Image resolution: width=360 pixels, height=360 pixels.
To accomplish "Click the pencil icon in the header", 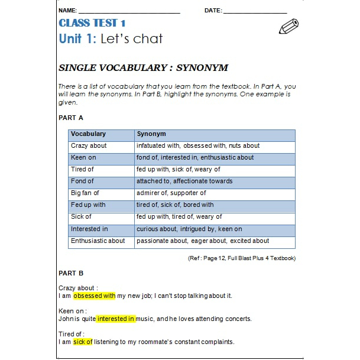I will (x=288, y=27).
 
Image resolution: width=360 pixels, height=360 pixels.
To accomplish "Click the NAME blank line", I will (x=129, y=12).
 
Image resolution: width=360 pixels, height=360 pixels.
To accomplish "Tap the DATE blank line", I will (x=255, y=12).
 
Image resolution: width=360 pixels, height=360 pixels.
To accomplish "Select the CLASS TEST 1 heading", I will (x=92, y=23).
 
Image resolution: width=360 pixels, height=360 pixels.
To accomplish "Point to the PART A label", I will (x=71, y=118).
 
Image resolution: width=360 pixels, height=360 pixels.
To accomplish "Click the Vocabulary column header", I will (x=88, y=134).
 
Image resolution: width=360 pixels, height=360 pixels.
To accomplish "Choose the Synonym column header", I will (x=151, y=134).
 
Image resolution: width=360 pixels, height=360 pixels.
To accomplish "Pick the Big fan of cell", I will (x=85, y=193).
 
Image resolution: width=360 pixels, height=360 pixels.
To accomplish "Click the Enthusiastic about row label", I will (x=98, y=241).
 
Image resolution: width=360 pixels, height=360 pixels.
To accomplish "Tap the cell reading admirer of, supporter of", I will (x=171, y=193).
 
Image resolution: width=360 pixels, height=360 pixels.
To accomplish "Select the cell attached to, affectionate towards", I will (x=184, y=181).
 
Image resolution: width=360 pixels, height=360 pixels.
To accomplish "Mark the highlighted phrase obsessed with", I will (x=95, y=296).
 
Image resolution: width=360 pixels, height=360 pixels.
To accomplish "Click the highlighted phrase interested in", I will (x=116, y=319).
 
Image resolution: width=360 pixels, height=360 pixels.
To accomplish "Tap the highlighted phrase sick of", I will (x=83, y=342).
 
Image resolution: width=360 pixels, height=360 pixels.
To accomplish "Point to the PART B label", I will (x=71, y=273).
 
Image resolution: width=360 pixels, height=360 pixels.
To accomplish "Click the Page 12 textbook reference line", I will (x=241, y=258).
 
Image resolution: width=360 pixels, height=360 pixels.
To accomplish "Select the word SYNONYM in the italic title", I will (x=202, y=67).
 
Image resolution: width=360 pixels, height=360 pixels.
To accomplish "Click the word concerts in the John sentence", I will (x=238, y=319).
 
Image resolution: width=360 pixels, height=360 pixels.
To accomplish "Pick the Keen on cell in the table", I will (x=83, y=158).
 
